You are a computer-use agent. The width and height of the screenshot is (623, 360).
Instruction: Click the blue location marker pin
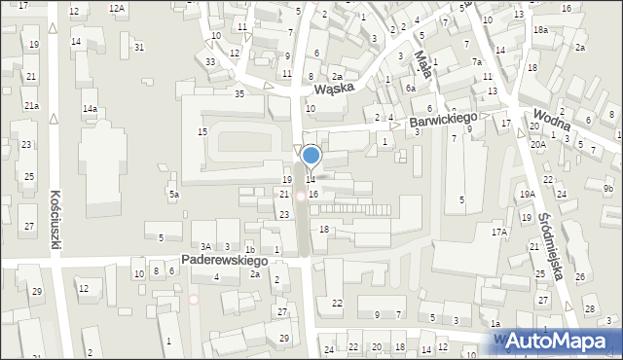pos(311,156)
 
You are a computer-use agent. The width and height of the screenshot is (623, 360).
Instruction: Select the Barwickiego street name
pos(441,122)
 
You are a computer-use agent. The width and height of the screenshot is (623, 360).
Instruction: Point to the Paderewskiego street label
pos(224,261)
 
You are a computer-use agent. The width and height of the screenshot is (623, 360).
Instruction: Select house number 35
pos(239,93)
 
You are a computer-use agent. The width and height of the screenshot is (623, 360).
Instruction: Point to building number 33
pos(210,62)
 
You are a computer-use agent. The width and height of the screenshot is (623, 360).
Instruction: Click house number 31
pos(139,48)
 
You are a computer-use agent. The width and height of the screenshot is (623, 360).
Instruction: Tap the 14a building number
pos(90,108)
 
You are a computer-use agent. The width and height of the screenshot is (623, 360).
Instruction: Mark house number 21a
pos(31,105)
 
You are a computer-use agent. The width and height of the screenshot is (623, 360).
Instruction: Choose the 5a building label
pos(174,195)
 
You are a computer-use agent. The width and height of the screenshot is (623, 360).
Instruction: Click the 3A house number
pos(206,247)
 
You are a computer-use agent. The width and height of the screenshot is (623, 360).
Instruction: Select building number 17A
pos(499,233)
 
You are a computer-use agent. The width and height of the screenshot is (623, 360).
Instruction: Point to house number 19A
pos(527,195)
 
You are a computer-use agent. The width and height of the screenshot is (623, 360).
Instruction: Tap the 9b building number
pos(607,188)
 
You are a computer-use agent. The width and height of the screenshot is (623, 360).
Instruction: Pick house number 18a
pos(540,30)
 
